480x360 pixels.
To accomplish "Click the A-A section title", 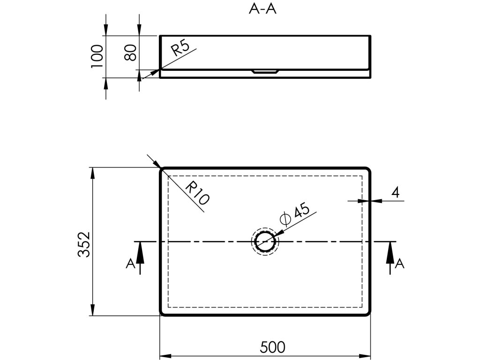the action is tap(262, 9).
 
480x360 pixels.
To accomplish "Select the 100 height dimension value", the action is tap(97, 56).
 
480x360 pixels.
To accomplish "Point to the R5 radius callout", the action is tap(180, 48).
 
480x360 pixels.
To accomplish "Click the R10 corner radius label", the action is tap(197, 193).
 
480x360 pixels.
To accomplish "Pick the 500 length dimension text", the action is tap(272, 347).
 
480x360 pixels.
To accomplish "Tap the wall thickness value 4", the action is tap(397, 192).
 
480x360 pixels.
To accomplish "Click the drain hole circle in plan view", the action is tap(266, 241).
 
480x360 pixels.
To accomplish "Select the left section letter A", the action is tap(131, 264).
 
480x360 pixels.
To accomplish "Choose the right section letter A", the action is tap(399, 264).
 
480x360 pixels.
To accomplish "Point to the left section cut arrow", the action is tap(140, 255).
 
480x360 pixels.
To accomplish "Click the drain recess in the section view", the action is tap(266, 71).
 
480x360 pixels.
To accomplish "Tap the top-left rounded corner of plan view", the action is tap(163, 170).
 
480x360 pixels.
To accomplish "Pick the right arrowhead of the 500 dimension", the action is tap(365, 355).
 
